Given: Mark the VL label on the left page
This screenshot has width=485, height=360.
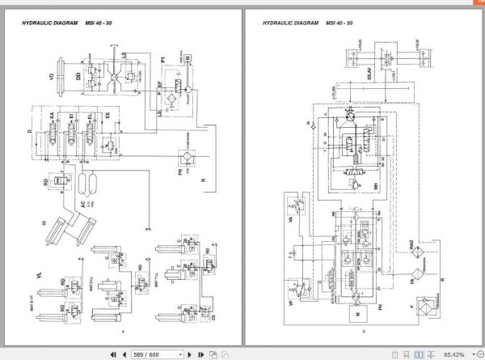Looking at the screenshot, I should (38, 276).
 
